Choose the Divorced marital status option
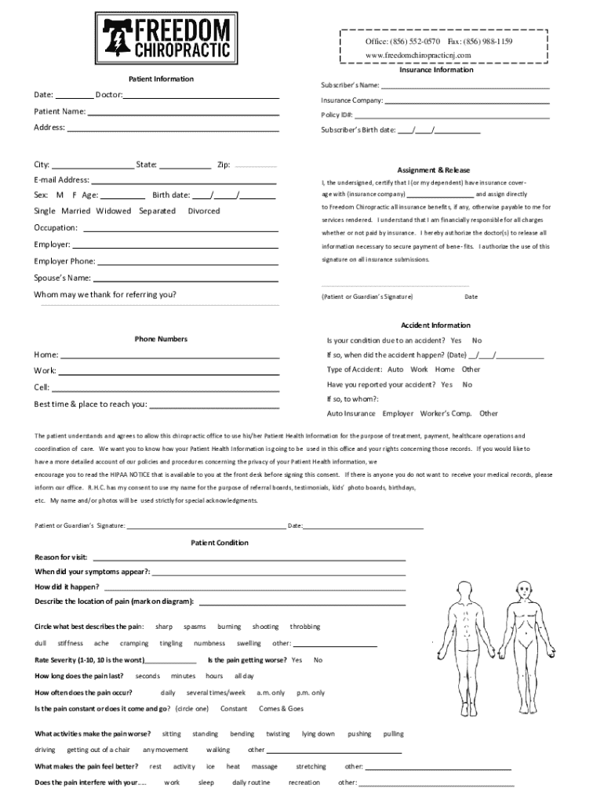click(x=204, y=211)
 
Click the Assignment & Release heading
click(x=433, y=170)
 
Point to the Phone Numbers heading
click(x=161, y=339)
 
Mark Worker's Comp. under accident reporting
click(x=446, y=413)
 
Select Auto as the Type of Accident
click(x=395, y=369)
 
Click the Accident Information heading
click(x=435, y=325)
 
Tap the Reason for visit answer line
click(x=249, y=558)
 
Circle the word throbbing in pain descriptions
click(x=305, y=627)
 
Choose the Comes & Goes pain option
click(x=281, y=708)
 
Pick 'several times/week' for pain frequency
click(x=216, y=692)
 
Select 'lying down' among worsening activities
click(x=318, y=734)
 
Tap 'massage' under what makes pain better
click(x=264, y=766)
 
